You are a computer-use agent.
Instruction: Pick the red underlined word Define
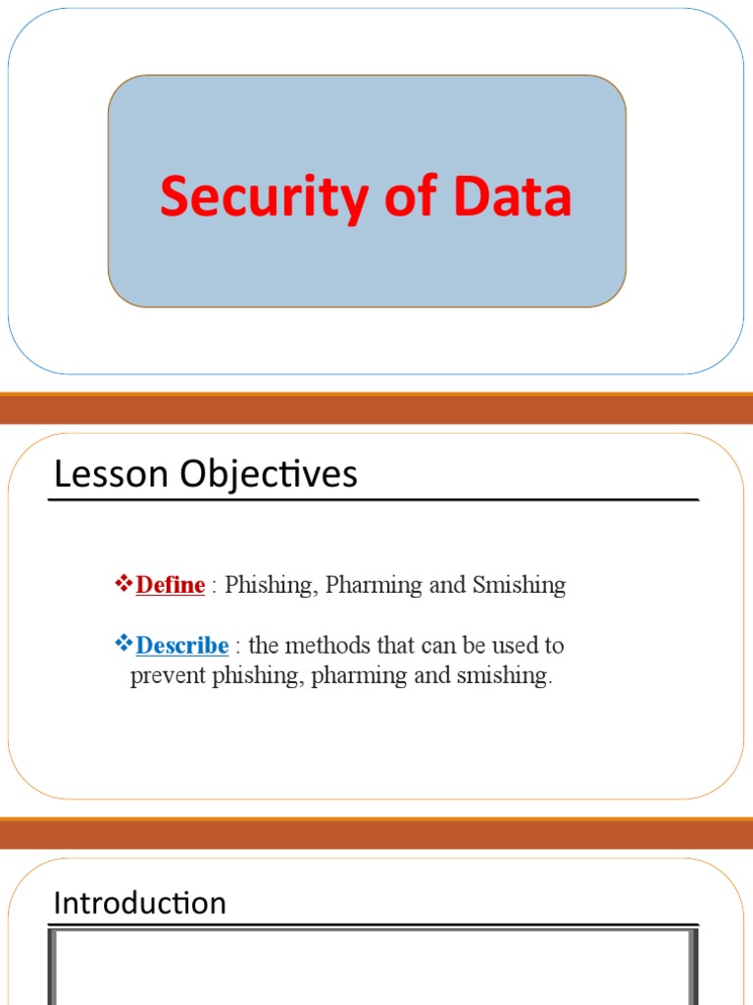click(171, 586)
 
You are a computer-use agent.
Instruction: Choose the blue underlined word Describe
click(182, 646)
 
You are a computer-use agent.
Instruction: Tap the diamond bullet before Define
click(124, 585)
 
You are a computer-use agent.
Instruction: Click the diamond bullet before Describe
click(124, 645)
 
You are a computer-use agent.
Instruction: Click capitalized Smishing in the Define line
click(519, 586)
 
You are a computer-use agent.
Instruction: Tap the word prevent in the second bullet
click(168, 677)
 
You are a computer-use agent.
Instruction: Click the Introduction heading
click(139, 903)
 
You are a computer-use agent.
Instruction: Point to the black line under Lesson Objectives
click(373, 501)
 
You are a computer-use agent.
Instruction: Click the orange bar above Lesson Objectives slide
click(376, 409)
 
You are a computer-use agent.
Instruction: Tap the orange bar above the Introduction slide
click(376, 834)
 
